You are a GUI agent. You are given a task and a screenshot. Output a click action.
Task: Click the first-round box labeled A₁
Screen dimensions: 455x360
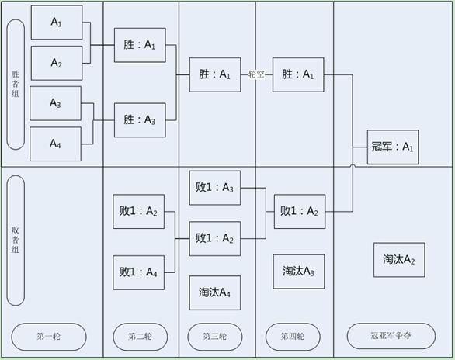pyautogui.click(x=57, y=22)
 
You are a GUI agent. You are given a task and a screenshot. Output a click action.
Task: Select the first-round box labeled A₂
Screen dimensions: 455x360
pyautogui.click(x=57, y=63)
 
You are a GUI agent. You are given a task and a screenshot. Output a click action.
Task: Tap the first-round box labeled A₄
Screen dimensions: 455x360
pyautogui.click(x=56, y=144)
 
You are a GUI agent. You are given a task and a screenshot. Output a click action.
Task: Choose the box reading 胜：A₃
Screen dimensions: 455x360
pyautogui.click(x=140, y=120)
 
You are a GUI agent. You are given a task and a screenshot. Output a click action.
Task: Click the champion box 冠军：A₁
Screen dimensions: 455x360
pyautogui.click(x=393, y=147)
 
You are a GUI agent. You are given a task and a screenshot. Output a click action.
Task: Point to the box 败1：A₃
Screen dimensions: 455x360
pyautogui.click(x=215, y=188)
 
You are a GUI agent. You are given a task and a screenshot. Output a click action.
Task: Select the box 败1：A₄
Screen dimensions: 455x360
pyautogui.click(x=139, y=272)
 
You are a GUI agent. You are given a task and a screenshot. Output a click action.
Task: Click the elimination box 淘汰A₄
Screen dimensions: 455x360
pyautogui.click(x=215, y=292)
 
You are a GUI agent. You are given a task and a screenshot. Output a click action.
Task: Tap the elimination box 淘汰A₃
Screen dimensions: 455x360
pyautogui.click(x=299, y=272)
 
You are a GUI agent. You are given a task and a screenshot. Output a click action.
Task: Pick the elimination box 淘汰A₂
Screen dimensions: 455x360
pyautogui.click(x=399, y=260)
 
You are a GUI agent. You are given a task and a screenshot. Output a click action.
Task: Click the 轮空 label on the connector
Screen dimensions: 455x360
pyautogui.click(x=256, y=74)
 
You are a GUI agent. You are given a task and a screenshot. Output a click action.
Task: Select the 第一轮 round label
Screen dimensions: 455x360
pyautogui.click(x=49, y=337)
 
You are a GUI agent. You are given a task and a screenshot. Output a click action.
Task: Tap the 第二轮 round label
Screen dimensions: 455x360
pyautogui.click(x=141, y=337)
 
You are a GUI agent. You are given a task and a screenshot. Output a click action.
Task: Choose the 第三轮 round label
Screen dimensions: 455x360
pyautogui.click(x=215, y=337)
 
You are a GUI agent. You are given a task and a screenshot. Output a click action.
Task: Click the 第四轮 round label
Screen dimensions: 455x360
pyautogui.click(x=293, y=337)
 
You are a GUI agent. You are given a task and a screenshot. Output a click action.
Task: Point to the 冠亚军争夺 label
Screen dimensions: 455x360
pyautogui.click(x=391, y=336)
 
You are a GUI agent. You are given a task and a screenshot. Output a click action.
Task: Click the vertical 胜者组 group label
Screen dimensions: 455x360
pyautogui.click(x=16, y=85)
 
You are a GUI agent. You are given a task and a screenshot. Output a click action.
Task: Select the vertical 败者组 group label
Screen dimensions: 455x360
pyautogui.click(x=16, y=241)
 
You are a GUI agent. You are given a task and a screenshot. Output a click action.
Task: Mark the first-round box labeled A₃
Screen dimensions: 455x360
pyautogui.click(x=56, y=103)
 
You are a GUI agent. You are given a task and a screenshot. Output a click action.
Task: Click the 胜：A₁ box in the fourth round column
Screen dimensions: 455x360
pyautogui.click(x=298, y=74)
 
